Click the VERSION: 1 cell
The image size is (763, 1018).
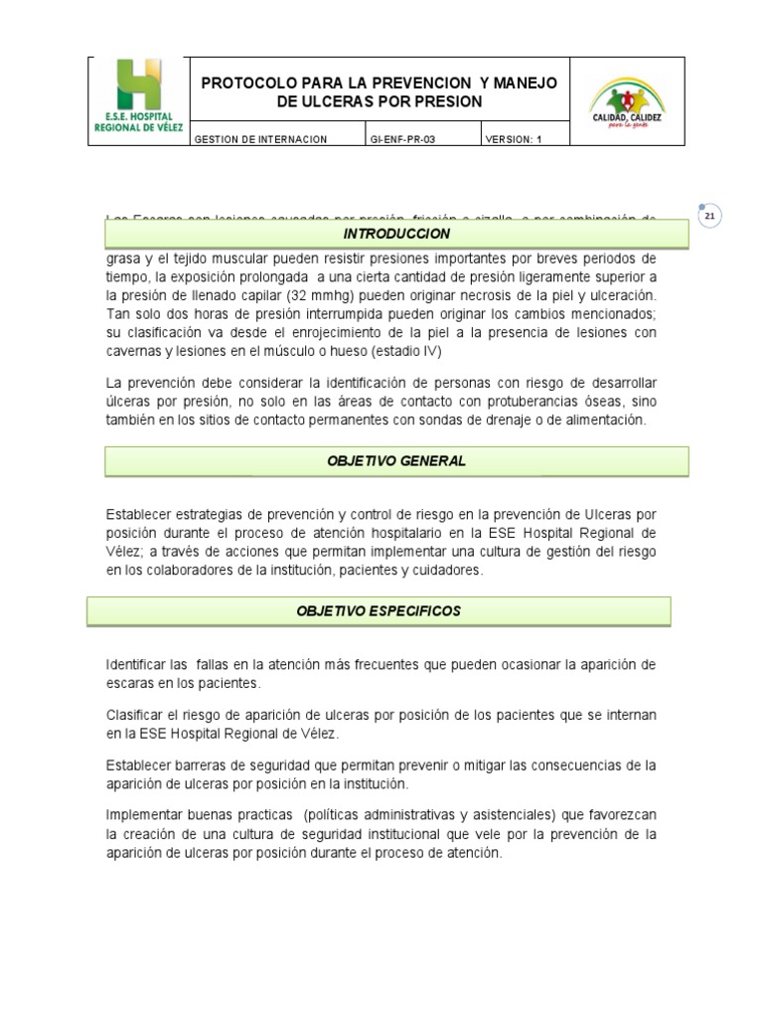(x=514, y=140)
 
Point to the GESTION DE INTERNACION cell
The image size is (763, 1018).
(x=260, y=140)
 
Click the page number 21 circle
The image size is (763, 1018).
(x=709, y=218)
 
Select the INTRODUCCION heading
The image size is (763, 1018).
(x=396, y=235)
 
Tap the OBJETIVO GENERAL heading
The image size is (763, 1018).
(x=396, y=461)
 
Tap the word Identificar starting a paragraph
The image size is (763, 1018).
(x=136, y=664)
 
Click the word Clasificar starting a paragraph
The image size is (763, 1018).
(x=136, y=716)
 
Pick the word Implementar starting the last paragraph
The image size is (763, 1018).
(x=141, y=815)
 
